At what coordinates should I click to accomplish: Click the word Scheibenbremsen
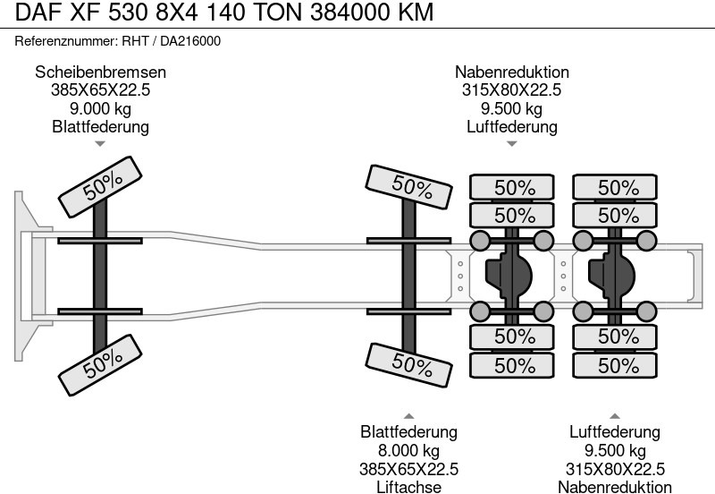(100, 72)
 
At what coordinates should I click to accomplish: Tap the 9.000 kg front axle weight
(100, 109)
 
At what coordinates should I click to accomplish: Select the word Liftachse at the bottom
(408, 487)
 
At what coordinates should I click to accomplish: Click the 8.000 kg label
(408, 450)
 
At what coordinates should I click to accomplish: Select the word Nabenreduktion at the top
(511, 72)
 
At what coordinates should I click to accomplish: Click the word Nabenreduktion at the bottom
(614, 487)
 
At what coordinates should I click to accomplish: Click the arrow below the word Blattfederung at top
(100, 143)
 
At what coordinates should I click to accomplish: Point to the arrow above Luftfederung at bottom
(614, 415)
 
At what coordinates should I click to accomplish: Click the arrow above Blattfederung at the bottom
(408, 415)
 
